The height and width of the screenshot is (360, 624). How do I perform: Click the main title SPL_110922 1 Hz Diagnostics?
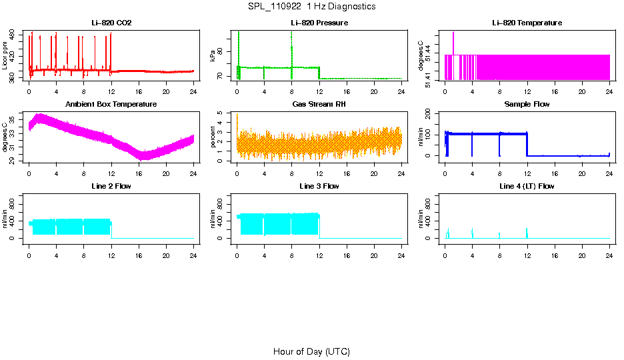pos(311,6)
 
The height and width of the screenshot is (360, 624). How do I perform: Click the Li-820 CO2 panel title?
pos(111,23)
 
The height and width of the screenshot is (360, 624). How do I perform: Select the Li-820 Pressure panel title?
pos(319,23)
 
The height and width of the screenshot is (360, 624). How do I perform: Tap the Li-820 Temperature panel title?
pos(527,23)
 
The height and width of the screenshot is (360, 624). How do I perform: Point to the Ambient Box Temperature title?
pos(111,104)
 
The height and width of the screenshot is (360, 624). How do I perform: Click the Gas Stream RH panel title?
pos(319,104)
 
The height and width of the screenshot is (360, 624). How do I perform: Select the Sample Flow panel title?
pos(527,104)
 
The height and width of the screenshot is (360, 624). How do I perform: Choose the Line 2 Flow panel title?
pos(111,186)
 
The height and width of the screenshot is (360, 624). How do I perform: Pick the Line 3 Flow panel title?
pos(319,186)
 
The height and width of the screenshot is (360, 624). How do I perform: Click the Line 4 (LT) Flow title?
pos(527,186)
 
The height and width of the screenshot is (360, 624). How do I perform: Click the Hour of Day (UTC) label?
pos(311,351)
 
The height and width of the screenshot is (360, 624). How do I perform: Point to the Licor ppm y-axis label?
pos(5,56)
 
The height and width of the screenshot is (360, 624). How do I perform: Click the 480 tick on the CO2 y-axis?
pos(14,38)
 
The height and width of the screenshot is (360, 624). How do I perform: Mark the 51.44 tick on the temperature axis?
pos(430,45)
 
